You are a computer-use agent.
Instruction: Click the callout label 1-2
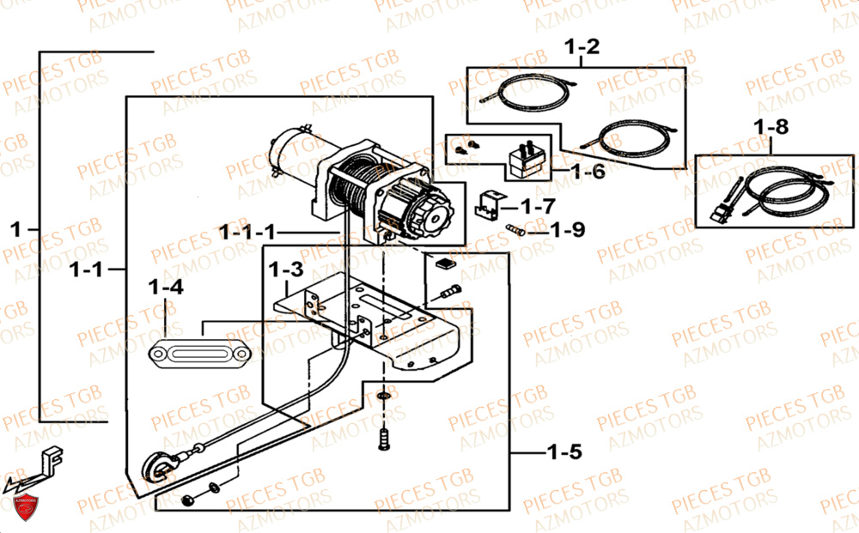(x=581, y=46)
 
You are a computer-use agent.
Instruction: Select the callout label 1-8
(x=770, y=127)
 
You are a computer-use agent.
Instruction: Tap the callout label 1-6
(x=588, y=171)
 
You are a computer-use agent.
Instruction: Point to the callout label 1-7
(x=538, y=206)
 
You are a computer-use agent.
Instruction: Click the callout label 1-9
(x=568, y=229)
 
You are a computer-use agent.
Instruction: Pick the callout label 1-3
(x=285, y=270)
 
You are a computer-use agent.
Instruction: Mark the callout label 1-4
(x=166, y=288)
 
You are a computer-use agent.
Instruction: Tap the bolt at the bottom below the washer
(x=384, y=440)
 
